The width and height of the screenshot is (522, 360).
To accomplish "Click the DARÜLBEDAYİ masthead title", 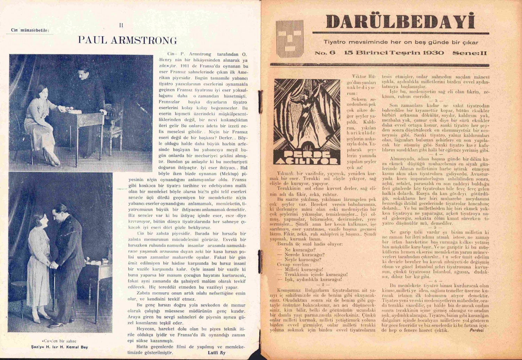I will point(401,22).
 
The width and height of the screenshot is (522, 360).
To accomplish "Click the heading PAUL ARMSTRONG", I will point(127,40).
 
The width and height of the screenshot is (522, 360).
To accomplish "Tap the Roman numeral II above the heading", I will point(121,25).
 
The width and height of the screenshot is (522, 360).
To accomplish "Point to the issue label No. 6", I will point(324,53).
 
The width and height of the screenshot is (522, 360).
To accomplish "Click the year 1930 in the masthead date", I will point(434,53).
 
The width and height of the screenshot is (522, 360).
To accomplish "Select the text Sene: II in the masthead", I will point(469,53).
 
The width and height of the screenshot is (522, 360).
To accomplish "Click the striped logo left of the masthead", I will point(290,39).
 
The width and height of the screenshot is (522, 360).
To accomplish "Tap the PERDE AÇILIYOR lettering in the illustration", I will point(307,157).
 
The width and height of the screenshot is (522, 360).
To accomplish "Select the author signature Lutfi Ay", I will point(216,352).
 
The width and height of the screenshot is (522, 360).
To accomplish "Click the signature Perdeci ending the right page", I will point(476,330).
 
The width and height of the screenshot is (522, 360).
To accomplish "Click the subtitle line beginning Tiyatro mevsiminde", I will point(401,42).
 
